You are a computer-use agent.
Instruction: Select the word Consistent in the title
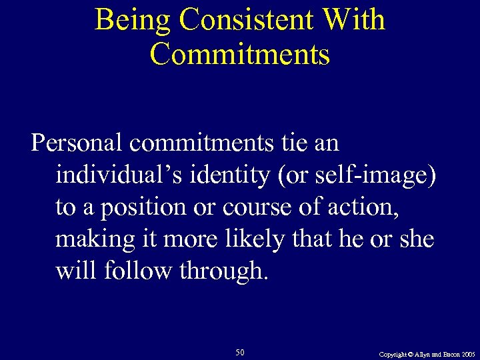[249, 20]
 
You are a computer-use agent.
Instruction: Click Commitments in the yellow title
[240, 53]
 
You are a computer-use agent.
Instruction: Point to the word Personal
[77, 143]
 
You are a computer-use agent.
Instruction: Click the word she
[417, 239]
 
